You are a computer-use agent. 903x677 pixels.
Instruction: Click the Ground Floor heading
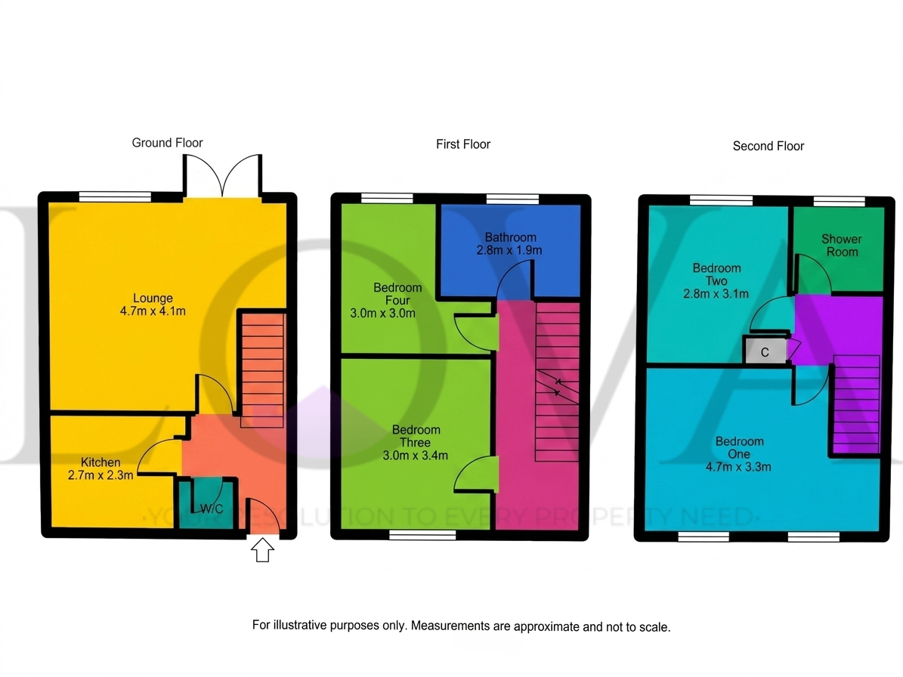pyautogui.click(x=167, y=143)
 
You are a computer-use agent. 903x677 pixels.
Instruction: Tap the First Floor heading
pyautogui.click(x=463, y=144)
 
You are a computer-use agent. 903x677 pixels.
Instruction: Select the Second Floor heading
pyautogui.click(x=768, y=147)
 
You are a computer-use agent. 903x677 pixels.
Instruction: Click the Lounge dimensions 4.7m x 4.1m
pyautogui.click(x=153, y=311)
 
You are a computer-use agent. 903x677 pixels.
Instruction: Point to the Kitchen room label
pyautogui.click(x=101, y=462)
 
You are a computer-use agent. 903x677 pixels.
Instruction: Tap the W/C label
pyautogui.click(x=212, y=509)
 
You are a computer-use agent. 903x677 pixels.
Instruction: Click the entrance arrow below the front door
pyautogui.click(x=263, y=550)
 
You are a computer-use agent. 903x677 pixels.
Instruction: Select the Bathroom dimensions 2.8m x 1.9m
pyautogui.click(x=509, y=250)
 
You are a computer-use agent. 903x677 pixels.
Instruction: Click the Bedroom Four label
pyautogui.click(x=397, y=294)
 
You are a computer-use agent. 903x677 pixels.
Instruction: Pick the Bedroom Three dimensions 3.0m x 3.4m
pyautogui.click(x=415, y=456)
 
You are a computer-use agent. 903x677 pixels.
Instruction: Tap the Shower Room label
pyautogui.click(x=841, y=246)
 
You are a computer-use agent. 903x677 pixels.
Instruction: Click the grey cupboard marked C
pyautogui.click(x=765, y=351)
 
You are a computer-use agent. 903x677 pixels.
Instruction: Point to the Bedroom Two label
pyautogui.click(x=716, y=274)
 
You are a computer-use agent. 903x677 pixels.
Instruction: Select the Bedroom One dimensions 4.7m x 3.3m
pyautogui.click(x=738, y=467)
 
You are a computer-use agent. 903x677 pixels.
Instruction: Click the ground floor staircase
pyautogui.click(x=263, y=369)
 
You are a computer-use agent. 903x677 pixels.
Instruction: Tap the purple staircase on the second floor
pyautogui.click(x=856, y=405)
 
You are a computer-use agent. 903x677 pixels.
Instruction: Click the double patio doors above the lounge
pyautogui.click(x=222, y=175)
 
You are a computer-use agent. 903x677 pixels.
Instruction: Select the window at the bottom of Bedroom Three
pyautogui.click(x=422, y=536)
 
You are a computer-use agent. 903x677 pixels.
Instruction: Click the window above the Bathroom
pyautogui.click(x=512, y=199)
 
